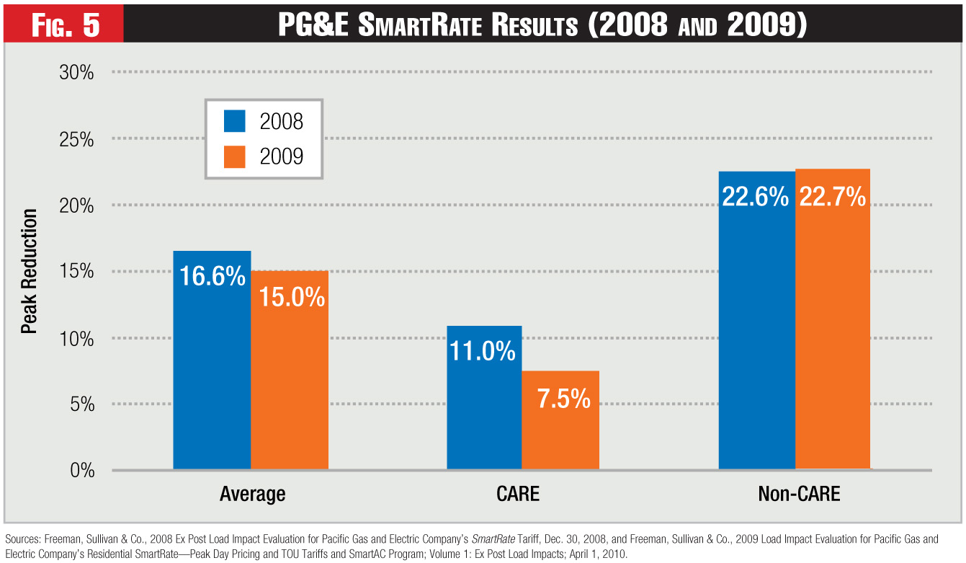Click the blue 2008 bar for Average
[x=212, y=360]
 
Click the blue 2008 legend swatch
[x=236, y=121]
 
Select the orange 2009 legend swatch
[x=236, y=156]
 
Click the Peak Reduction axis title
[x=29, y=272]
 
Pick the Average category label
[x=252, y=495]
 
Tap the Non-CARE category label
[x=799, y=495]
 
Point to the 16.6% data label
[x=212, y=276]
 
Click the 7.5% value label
[x=564, y=399]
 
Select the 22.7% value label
[x=833, y=197]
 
